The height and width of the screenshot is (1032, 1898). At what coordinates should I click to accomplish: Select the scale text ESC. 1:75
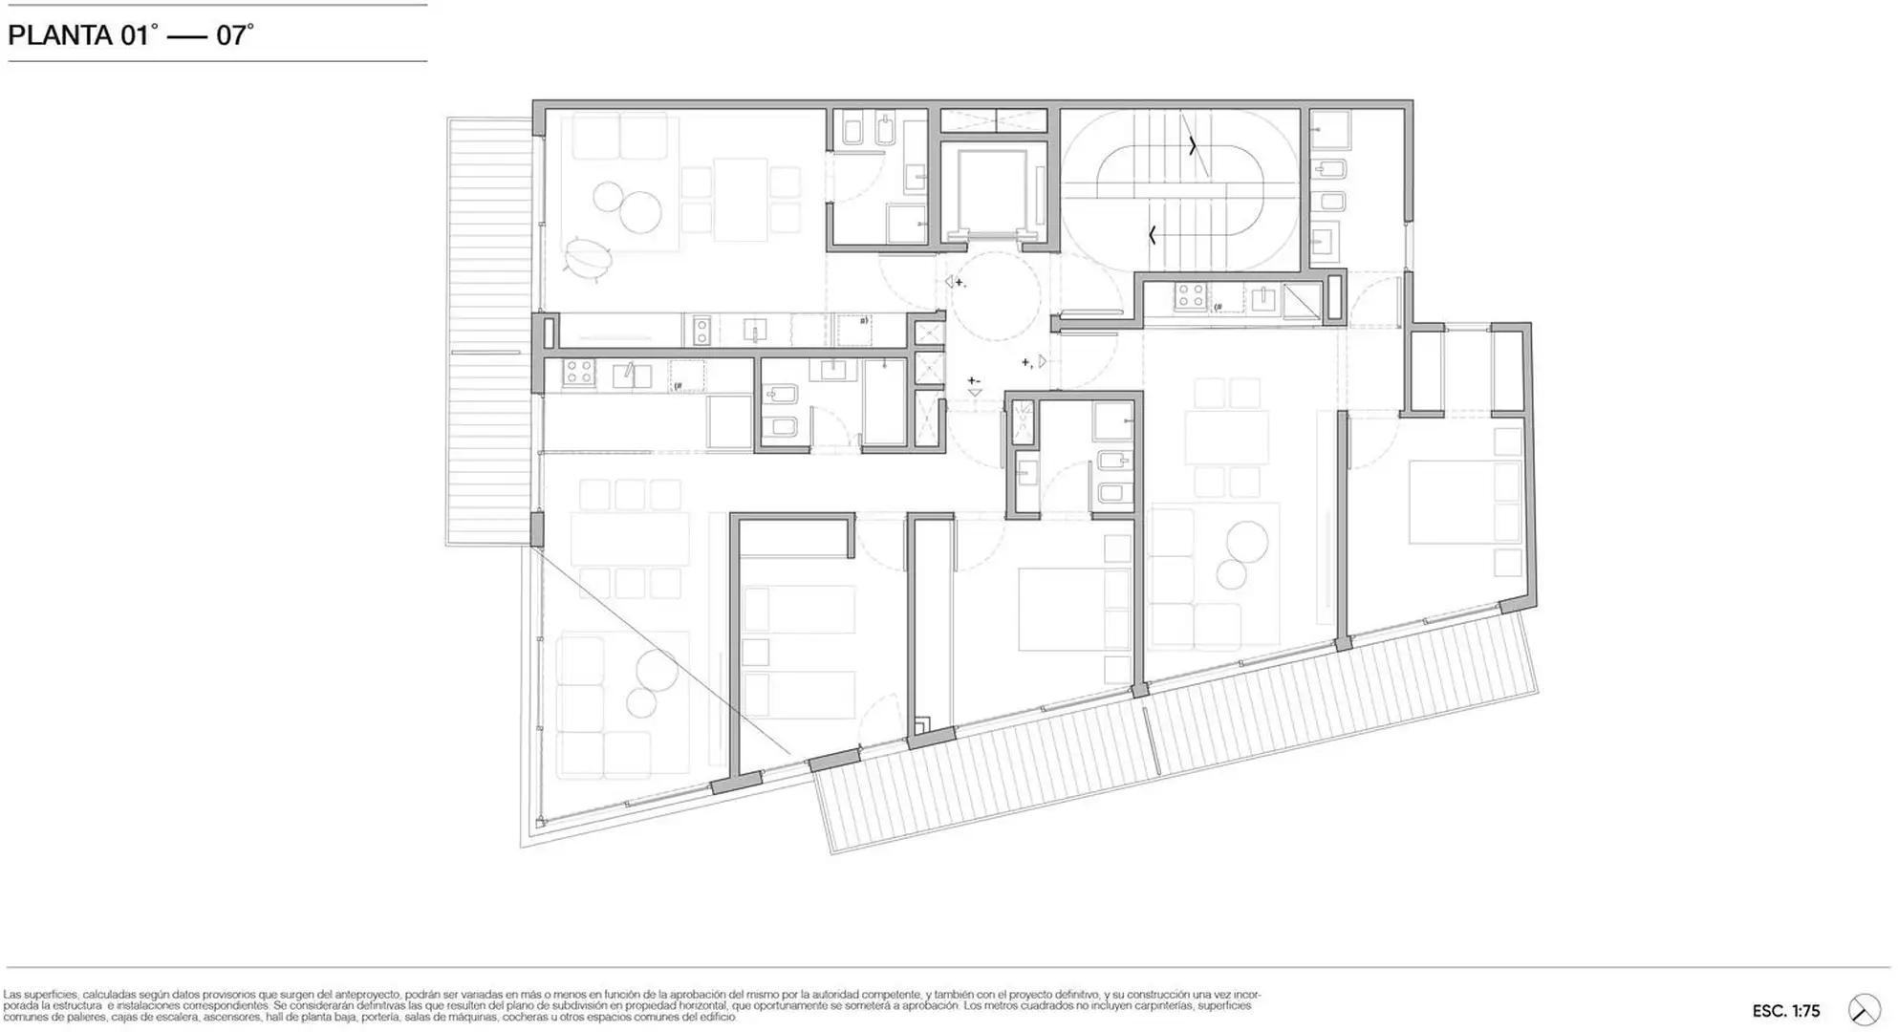1785,1011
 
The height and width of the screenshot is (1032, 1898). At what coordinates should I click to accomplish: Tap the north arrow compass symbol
1864,1010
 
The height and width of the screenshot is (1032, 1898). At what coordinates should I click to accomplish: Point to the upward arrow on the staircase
1192,146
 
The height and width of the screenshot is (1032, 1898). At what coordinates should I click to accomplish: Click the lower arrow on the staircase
1154,234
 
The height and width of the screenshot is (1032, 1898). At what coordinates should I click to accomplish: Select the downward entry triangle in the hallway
974,392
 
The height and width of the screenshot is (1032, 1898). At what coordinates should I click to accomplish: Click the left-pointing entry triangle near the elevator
951,282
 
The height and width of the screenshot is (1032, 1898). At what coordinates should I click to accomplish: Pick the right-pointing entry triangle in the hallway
1043,361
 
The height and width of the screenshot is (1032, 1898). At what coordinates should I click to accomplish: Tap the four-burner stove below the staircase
1190,297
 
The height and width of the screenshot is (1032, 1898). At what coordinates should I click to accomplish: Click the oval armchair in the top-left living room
588,258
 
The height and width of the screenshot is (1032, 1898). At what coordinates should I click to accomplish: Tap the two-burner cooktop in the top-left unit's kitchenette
701,331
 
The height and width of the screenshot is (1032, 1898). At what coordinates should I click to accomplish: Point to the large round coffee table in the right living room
1247,542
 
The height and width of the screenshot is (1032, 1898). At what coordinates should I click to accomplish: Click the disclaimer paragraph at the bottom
631,1005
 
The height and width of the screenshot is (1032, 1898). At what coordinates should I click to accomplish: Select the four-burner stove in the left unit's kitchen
578,373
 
